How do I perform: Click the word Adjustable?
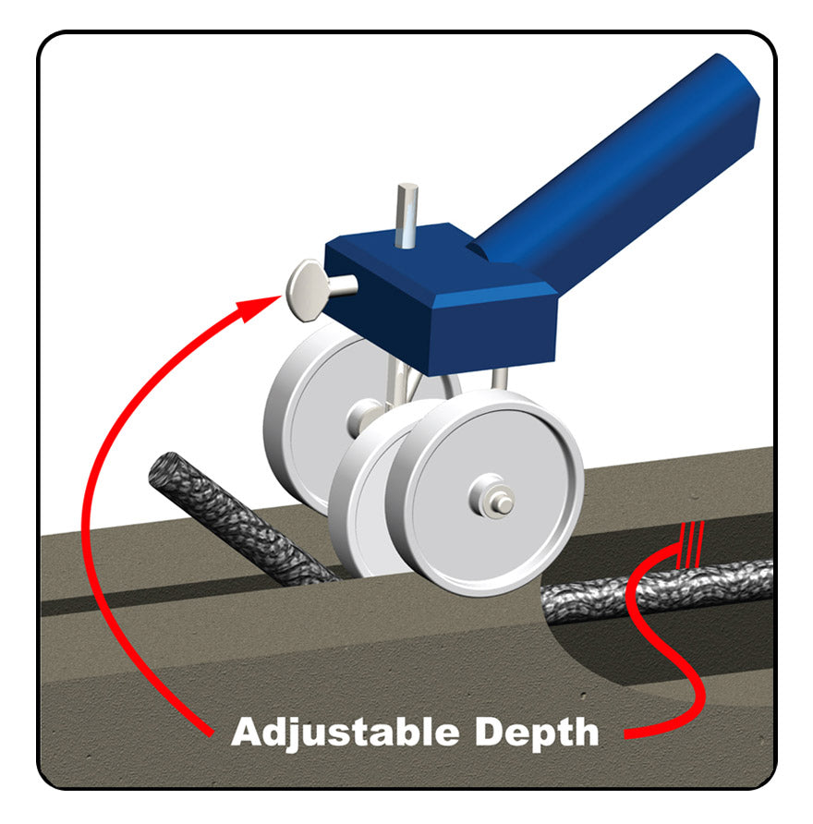click(346, 732)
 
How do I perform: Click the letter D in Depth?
click(491, 731)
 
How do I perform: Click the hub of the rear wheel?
click(363, 415)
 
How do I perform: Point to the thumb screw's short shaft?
click(341, 286)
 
